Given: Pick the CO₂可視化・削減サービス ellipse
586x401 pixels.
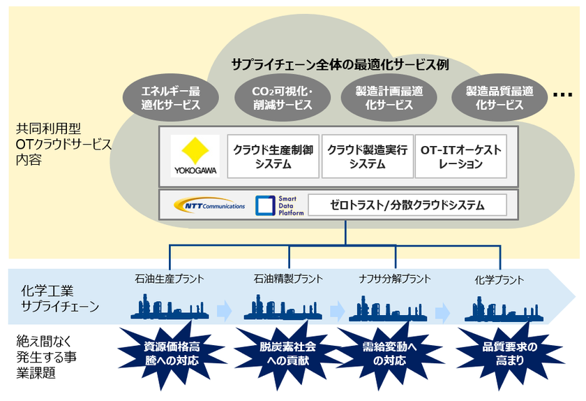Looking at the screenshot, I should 273,99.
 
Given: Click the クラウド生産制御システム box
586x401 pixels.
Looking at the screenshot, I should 273,156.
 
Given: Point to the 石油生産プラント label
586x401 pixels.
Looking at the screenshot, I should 170,279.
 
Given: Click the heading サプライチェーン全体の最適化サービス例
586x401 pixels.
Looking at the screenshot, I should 340,64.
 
